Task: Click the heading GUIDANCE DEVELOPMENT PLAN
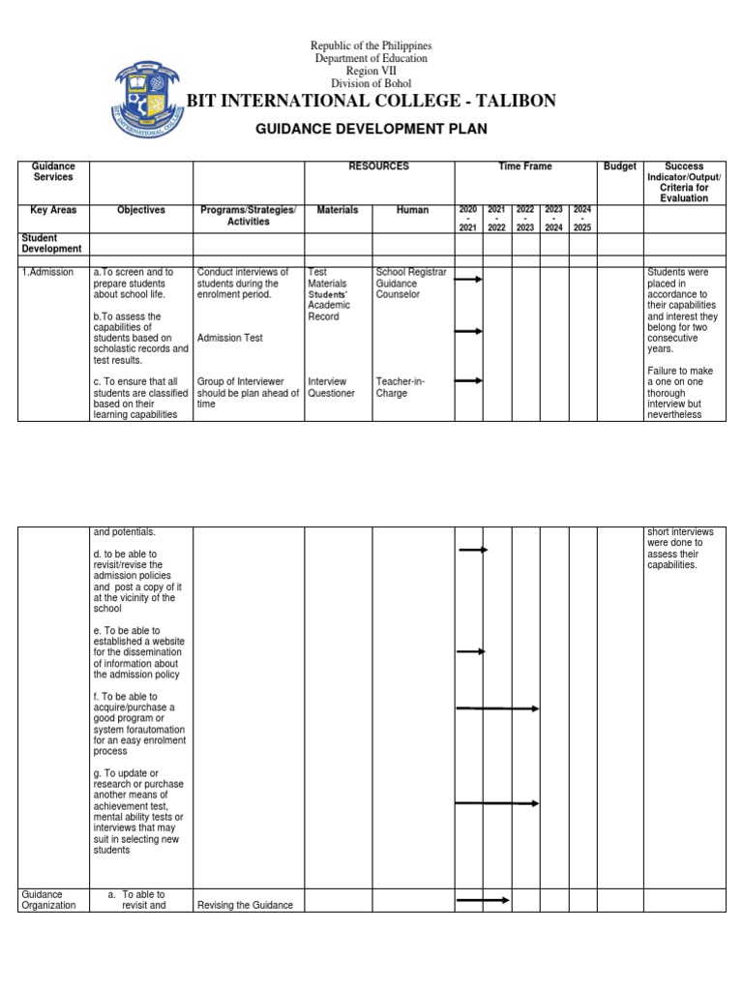coord(371,129)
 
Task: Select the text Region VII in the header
coord(371,72)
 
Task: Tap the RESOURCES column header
coord(379,166)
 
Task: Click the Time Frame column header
coord(525,166)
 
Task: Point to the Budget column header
coord(619,166)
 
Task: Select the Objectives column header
coord(141,210)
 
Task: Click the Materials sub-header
coord(338,210)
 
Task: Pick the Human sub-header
coord(412,210)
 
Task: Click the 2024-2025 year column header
coord(582,218)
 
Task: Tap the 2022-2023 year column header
coord(525,218)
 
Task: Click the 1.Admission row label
coord(46,273)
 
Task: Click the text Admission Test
coord(229,338)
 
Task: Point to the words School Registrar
coord(411,273)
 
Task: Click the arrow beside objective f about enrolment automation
coord(497,708)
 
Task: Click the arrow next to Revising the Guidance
coord(483,900)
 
